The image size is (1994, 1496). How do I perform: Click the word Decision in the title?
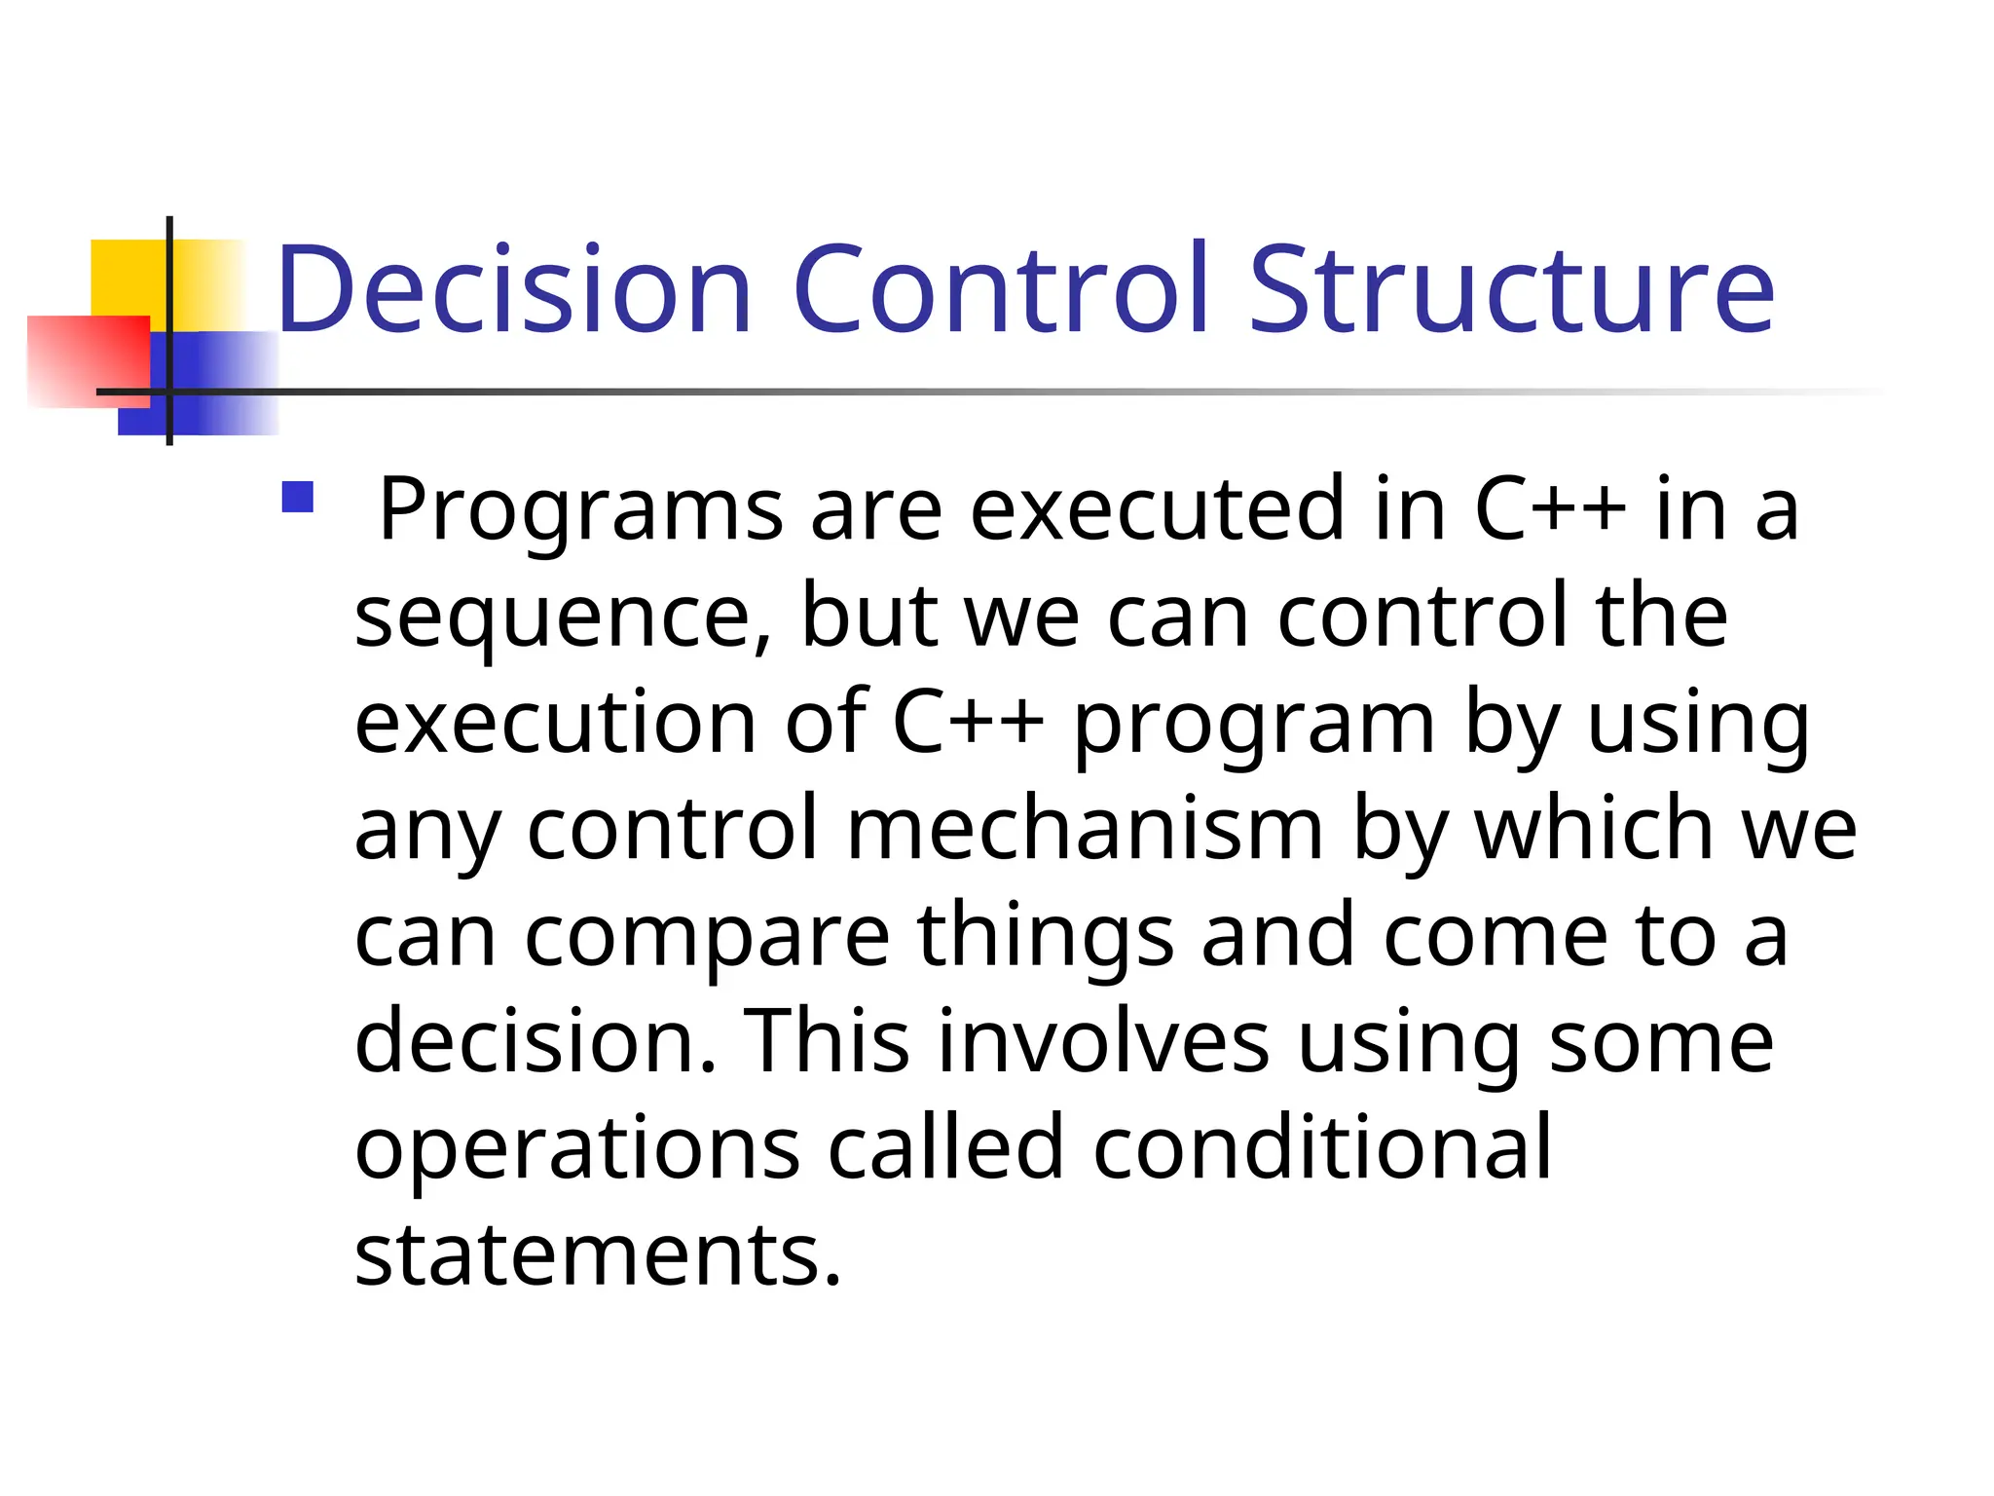coord(514,289)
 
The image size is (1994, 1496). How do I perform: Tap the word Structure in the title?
coord(1512,289)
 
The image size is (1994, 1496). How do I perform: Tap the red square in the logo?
coord(88,360)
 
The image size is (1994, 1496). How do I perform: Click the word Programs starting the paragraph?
coord(580,510)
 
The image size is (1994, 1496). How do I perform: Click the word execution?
coord(555,723)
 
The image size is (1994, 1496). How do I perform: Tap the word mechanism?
coord(1085,830)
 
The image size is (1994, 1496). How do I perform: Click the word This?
coord(827,1042)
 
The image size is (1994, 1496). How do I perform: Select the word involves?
coord(1104,1042)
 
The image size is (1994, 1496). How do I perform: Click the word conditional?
coord(1321,1148)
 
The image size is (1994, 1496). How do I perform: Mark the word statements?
coord(597,1254)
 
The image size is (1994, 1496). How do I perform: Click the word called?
coord(945,1148)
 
